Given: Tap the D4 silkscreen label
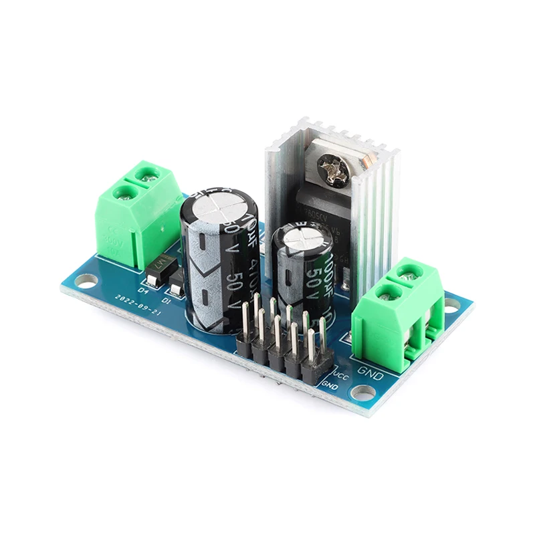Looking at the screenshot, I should [x=142, y=291].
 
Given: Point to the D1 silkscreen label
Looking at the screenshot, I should [x=166, y=300].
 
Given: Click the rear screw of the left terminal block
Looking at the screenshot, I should [x=148, y=175].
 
